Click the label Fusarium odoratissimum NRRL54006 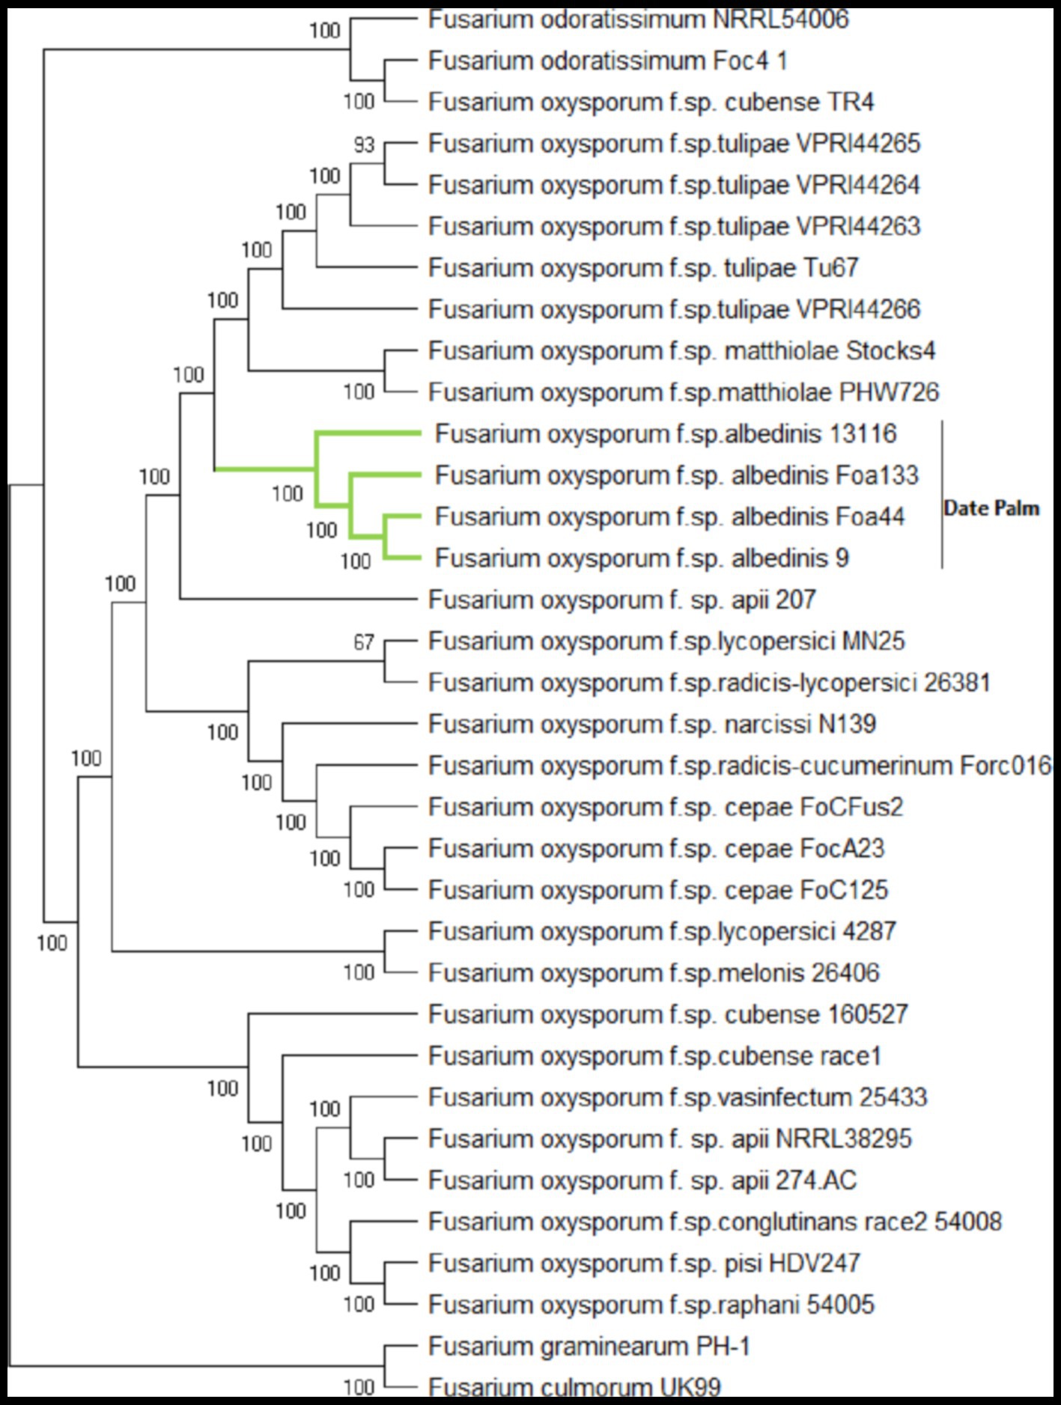(x=638, y=19)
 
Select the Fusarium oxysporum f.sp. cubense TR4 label (x=651, y=102)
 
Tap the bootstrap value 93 (x=364, y=144)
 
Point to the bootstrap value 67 (x=364, y=642)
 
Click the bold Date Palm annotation (x=991, y=508)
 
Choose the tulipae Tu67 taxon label (x=643, y=268)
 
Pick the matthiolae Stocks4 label (x=681, y=351)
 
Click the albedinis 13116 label (x=666, y=434)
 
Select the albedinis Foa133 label (x=676, y=475)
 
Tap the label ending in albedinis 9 (x=642, y=558)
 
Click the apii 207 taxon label (x=621, y=600)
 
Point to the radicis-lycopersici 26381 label (x=709, y=683)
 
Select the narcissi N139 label (x=651, y=724)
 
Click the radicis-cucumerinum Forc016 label (x=740, y=766)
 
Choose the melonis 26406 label (x=654, y=973)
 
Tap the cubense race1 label (x=654, y=1056)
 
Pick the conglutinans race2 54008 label (x=714, y=1222)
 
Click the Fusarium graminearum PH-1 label (x=589, y=1347)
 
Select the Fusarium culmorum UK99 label (x=574, y=1387)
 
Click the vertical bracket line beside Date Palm (x=942, y=494)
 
